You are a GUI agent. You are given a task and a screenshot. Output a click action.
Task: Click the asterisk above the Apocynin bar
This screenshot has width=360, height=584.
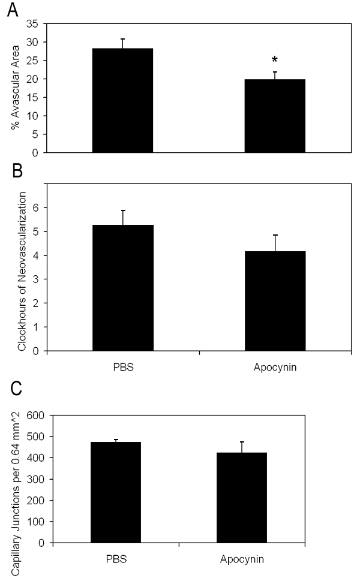tap(275, 60)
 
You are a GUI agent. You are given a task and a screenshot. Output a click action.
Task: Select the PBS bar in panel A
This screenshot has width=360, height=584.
tap(122, 100)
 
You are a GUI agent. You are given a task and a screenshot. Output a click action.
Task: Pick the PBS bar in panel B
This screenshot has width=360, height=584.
tap(122, 288)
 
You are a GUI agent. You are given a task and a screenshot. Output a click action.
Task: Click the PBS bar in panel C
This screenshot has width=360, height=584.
tap(116, 492)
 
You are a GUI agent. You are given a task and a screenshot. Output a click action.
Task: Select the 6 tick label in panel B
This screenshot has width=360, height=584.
tap(37, 207)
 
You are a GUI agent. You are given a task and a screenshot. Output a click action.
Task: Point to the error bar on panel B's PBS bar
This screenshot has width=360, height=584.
tap(122, 218)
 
